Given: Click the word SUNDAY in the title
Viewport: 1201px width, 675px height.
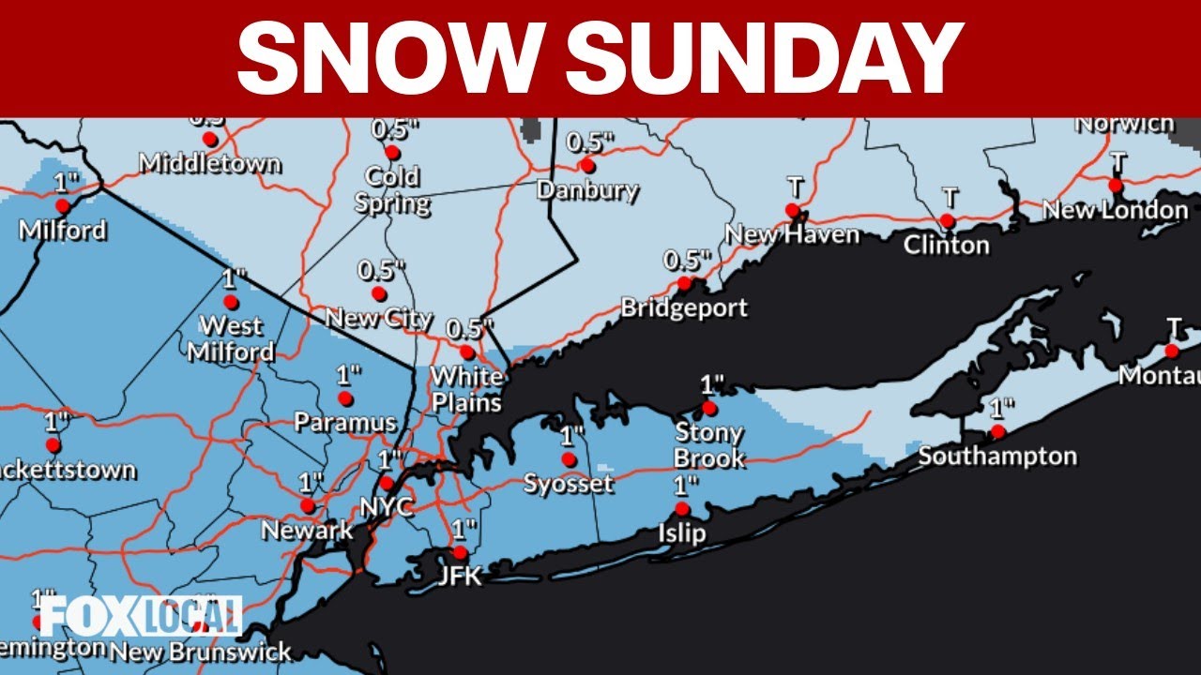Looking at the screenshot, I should tap(764, 57).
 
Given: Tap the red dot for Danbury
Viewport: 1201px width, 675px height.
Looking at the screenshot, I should tap(587, 166).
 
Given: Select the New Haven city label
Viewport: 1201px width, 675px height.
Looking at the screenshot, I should tap(793, 234).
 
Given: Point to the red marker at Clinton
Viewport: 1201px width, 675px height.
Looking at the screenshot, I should tap(948, 221).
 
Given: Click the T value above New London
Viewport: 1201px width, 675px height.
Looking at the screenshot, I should tap(1117, 160).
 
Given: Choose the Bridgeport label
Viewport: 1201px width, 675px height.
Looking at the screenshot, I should tap(684, 307).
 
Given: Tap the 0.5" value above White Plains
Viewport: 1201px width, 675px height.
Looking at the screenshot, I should tap(469, 330).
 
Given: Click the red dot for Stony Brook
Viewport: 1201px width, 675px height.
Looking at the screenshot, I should tap(709, 408).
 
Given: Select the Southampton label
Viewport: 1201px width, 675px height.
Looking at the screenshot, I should tap(997, 457).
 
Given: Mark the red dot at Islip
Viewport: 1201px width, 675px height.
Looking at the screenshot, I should tap(682, 509).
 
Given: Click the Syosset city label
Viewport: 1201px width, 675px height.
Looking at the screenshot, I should tap(568, 484).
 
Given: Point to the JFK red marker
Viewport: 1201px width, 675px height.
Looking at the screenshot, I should tap(460, 552).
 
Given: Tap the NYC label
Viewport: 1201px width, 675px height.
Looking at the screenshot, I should tap(387, 507).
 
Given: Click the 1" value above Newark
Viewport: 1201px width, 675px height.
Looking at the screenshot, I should tap(311, 483).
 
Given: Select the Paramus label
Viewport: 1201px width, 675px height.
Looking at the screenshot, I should tap(344, 423).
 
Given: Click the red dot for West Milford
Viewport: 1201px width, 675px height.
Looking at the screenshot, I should tap(231, 302).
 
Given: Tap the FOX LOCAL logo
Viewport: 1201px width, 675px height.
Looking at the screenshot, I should tap(141, 616).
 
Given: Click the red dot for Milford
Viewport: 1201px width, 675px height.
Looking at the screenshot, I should tap(62, 205).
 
